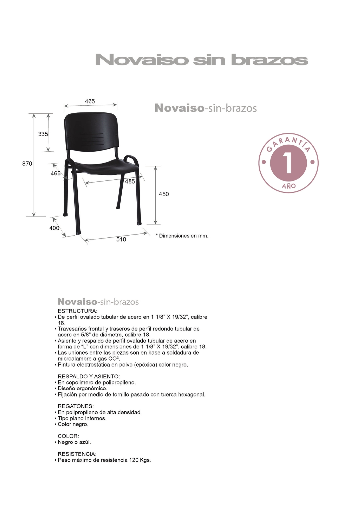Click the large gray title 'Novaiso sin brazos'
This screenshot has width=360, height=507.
[x=201, y=60]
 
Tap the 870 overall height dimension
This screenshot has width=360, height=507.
[x=27, y=164]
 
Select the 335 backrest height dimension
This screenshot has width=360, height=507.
[x=43, y=134]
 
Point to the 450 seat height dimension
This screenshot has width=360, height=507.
[x=164, y=194]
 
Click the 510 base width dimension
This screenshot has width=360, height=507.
[x=121, y=239]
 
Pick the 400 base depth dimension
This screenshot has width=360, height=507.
[x=54, y=228]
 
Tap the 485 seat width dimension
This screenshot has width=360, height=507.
[x=130, y=181]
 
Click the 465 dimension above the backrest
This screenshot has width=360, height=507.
[x=90, y=101]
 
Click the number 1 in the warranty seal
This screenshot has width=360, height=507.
[x=288, y=163]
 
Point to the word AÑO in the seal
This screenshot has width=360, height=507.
[x=289, y=186]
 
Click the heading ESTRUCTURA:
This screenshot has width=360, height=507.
[x=77, y=311]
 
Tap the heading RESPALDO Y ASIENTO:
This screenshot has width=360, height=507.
[x=89, y=377]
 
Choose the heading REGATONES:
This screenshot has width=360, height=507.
[x=76, y=406]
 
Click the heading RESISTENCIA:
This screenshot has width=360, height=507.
[x=77, y=454]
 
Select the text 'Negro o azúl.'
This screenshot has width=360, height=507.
[x=74, y=442]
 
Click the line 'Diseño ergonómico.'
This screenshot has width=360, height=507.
[x=83, y=389]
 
